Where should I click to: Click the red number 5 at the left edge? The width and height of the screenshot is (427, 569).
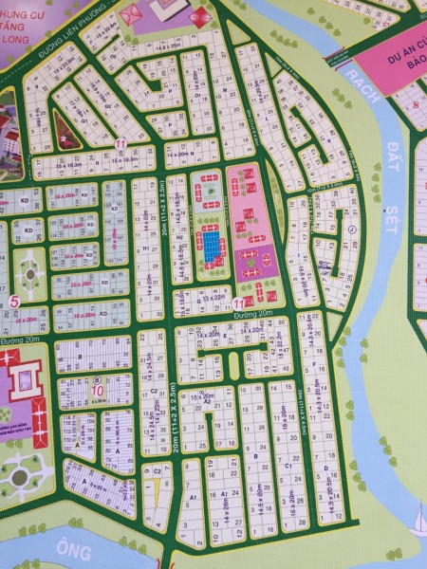pos(12,303)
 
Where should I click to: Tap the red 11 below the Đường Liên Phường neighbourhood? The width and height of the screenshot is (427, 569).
pos(121,144)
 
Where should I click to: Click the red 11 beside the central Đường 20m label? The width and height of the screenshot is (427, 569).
pos(237,303)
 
